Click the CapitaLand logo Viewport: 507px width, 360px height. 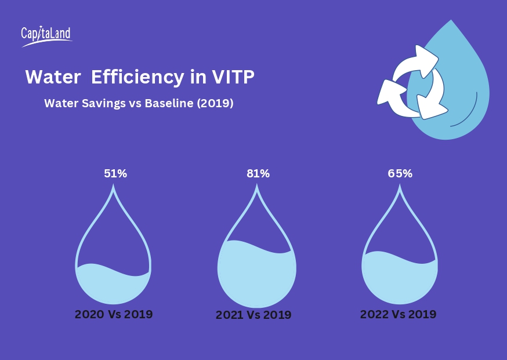coord(46,35)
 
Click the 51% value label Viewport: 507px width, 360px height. coord(115,173)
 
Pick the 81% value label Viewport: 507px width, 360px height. coord(258,173)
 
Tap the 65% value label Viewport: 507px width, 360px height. coord(400,173)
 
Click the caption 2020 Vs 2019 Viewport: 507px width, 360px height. coord(114,315)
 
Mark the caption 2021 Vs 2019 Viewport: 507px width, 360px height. coord(253,315)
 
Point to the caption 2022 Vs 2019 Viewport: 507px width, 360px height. coord(398,314)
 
